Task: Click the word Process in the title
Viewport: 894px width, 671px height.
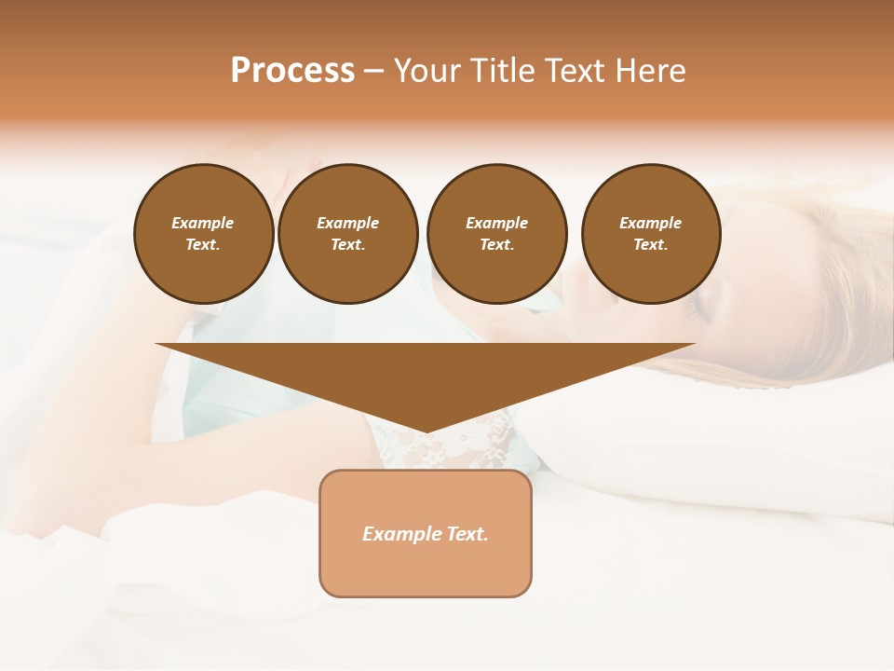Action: click(x=292, y=71)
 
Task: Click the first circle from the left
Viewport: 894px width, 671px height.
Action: click(x=203, y=234)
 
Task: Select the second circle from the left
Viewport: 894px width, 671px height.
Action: click(x=347, y=234)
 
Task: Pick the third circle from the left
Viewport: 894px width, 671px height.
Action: click(x=496, y=234)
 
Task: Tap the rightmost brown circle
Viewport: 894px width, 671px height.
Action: click(x=650, y=234)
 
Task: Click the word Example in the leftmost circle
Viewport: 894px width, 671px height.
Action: click(x=203, y=223)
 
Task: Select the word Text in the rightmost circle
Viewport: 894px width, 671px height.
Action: click(x=650, y=245)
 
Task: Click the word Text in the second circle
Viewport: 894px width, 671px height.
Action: click(x=347, y=245)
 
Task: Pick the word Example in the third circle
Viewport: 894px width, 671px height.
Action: click(x=496, y=223)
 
